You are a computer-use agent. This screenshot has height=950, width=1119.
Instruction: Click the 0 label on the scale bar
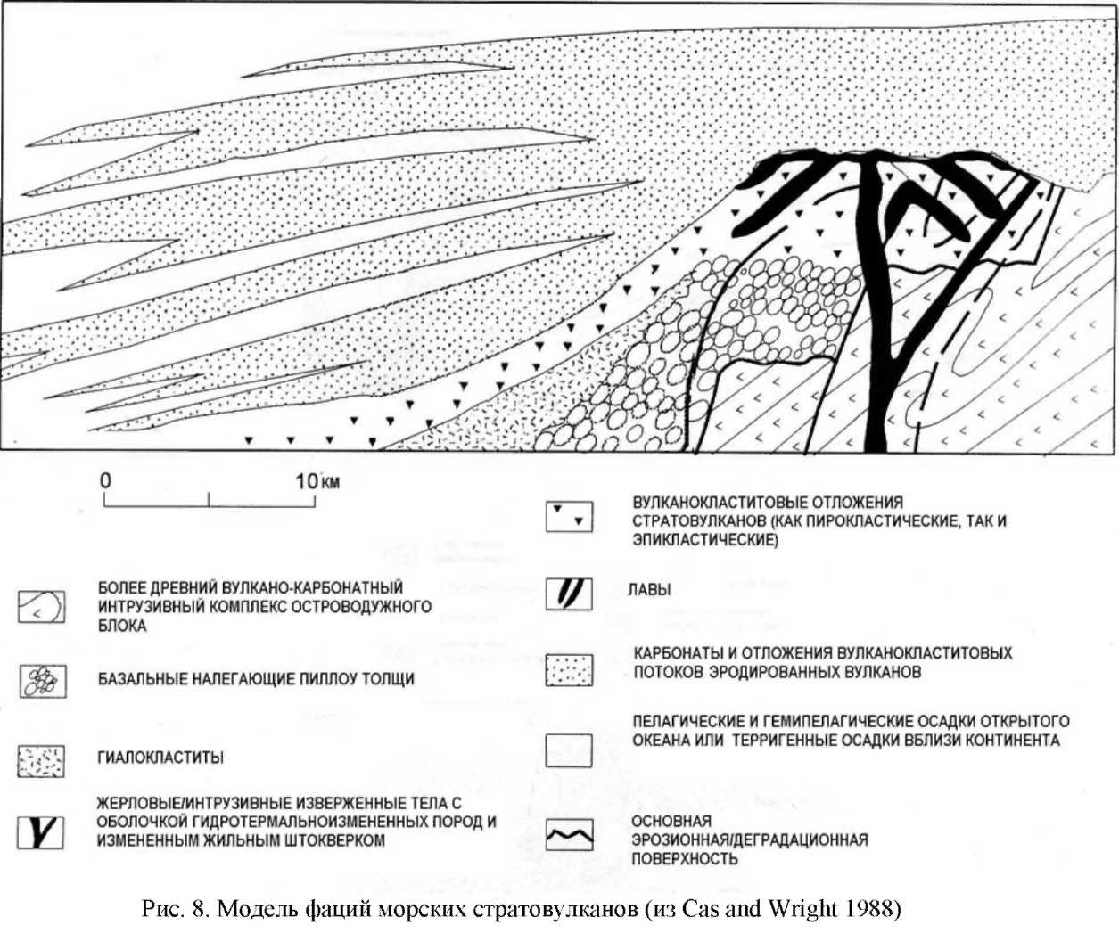click(x=106, y=481)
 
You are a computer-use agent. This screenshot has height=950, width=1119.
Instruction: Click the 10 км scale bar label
click(x=317, y=481)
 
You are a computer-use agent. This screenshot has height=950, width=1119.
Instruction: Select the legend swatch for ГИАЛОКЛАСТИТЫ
click(x=41, y=760)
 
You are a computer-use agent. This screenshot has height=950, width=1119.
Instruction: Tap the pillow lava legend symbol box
click(x=41, y=682)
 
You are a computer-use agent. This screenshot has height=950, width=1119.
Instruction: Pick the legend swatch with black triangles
click(x=569, y=515)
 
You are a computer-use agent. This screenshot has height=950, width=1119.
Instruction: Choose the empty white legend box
click(x=569, y=749)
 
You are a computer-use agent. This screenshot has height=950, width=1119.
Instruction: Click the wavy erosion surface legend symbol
click(x=569, y=836)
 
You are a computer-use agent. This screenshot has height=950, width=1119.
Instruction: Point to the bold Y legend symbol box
click(x=41, y=831)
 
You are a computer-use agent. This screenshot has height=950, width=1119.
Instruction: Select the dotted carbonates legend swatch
click(x=569, y=670)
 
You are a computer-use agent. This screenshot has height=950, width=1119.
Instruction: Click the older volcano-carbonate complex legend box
click(x=41, y=607)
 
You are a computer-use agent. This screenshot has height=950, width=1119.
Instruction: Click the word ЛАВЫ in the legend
click(x=648, y=590)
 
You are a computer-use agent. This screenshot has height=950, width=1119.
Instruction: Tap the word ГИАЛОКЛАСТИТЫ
click(x=160, y=758)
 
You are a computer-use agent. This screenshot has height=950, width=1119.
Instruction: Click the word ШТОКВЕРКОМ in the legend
click(x=331, y=840)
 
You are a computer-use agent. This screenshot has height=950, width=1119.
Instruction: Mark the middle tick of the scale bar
click(x=209, y=501)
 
